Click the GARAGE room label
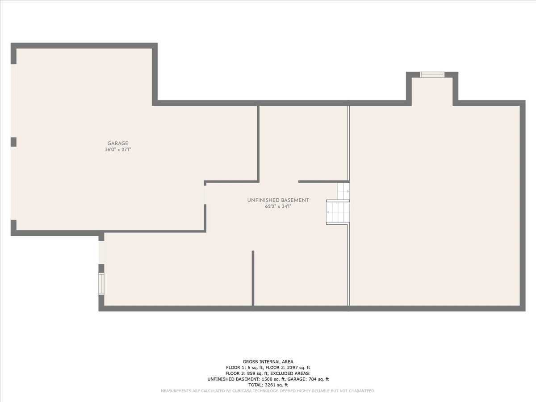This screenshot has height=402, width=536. (x=118, y=143)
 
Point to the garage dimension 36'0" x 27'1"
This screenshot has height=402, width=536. (x=118, y=150)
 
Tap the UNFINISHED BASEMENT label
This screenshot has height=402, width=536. (x=278, y=200)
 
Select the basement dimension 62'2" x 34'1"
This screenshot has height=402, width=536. (x=278, y=206)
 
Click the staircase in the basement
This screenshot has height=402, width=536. (x=338, y=212)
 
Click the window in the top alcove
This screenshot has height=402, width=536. (x=432, y=75)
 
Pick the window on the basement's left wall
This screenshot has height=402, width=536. (x=101, y=283)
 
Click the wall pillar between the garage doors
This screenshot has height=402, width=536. (x=13, y=142)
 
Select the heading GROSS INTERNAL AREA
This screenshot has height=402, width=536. (x=268, y=362)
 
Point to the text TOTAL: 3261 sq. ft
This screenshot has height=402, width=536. (x=268, y=385)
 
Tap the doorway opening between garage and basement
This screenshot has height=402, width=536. (x=205, y=195)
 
